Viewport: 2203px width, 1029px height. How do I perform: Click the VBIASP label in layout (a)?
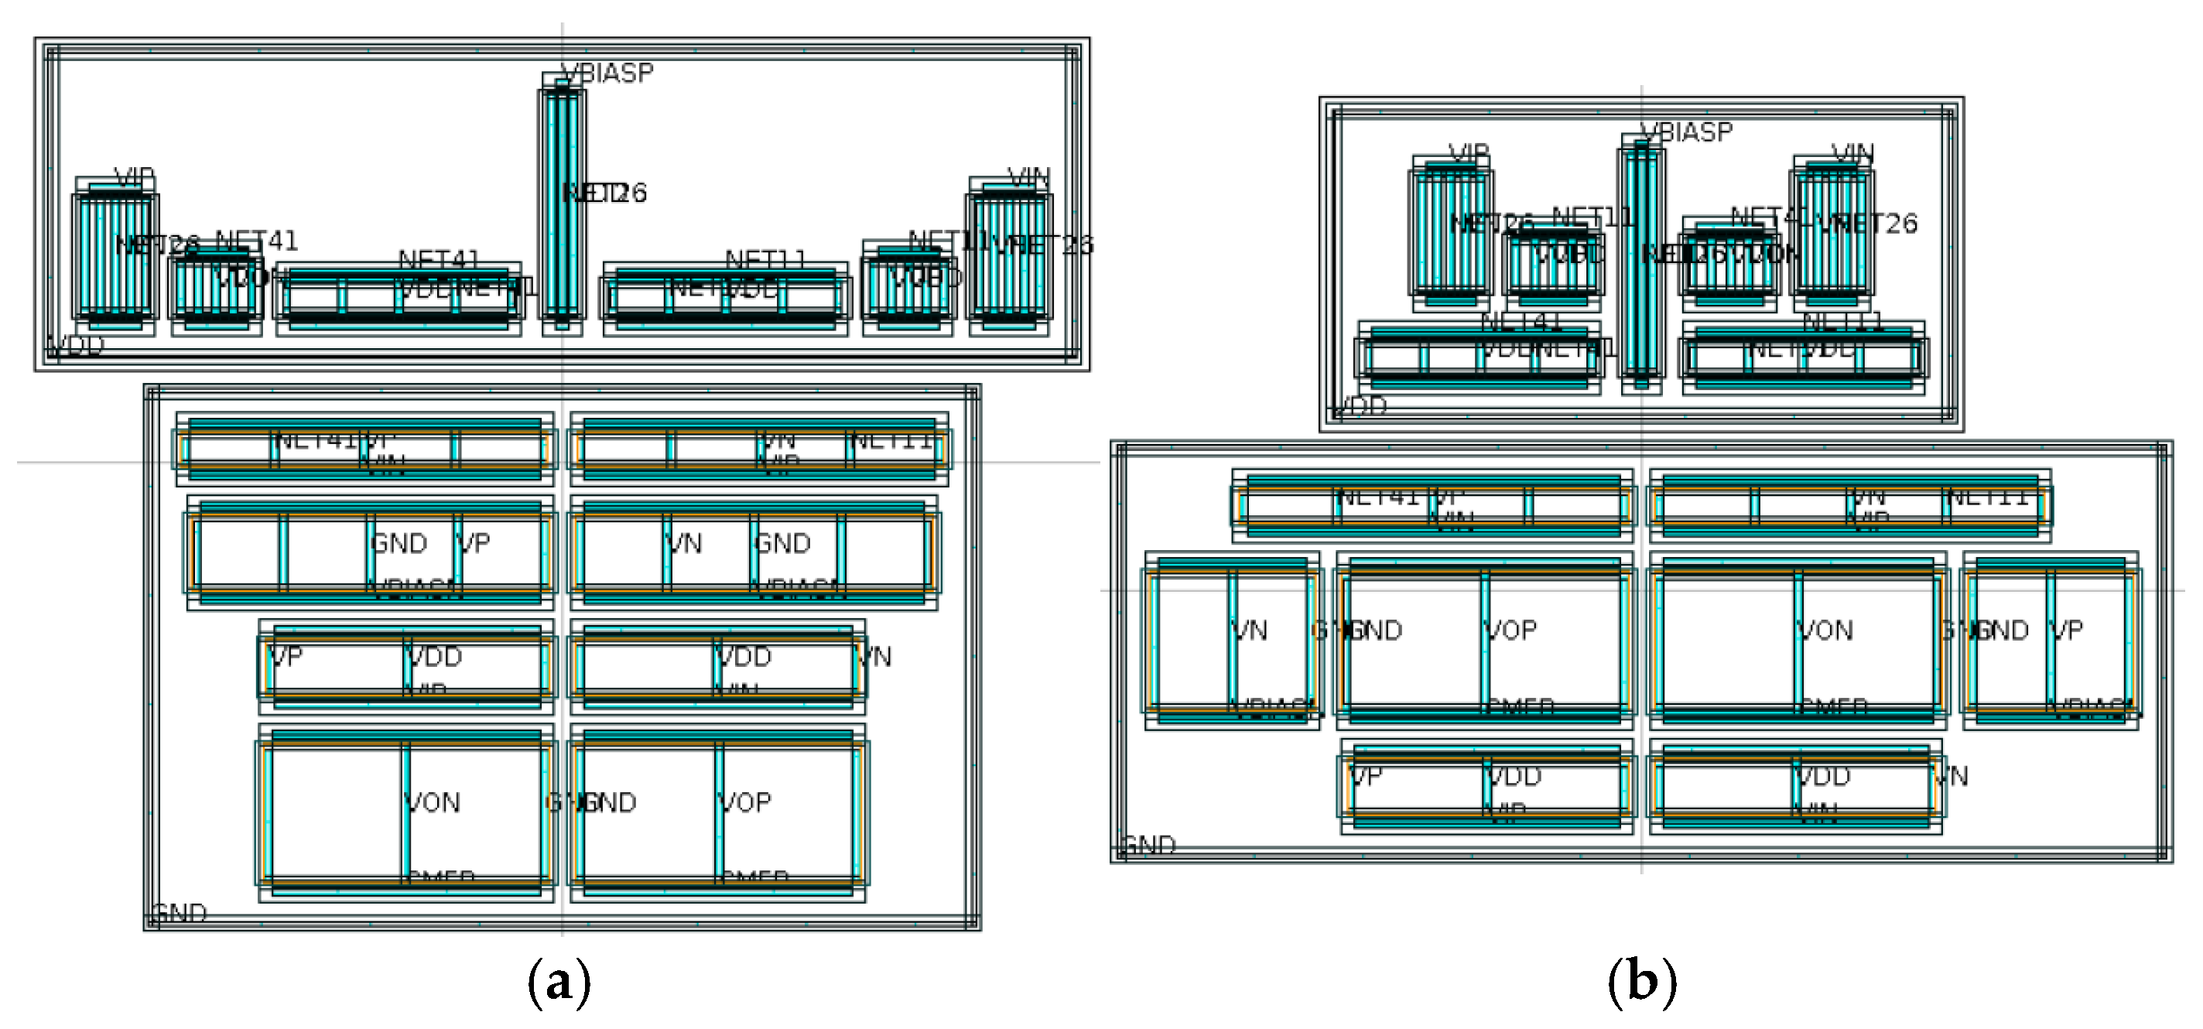click(608, 73)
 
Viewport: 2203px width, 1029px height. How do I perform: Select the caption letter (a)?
click(559, 982)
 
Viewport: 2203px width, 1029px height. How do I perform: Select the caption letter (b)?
click(1641, 982)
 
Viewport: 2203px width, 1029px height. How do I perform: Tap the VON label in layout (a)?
click(433, 802)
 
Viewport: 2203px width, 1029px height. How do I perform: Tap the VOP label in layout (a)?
click(745, 802)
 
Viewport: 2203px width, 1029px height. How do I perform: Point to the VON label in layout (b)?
click(1826, 631)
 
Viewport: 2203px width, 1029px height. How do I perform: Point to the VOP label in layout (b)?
click(1511, 631)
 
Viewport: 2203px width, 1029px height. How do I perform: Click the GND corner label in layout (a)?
click(180, 913)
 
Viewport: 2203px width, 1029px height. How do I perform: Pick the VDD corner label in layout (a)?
click(76, 346)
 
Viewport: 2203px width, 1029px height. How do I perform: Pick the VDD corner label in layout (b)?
click(1360, 406)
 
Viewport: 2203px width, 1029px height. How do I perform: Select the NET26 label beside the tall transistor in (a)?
click(605, 193)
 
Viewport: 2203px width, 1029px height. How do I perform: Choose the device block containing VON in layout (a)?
click(406, 812)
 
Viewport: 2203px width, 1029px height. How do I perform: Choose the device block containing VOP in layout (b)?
click(1485, 640)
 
